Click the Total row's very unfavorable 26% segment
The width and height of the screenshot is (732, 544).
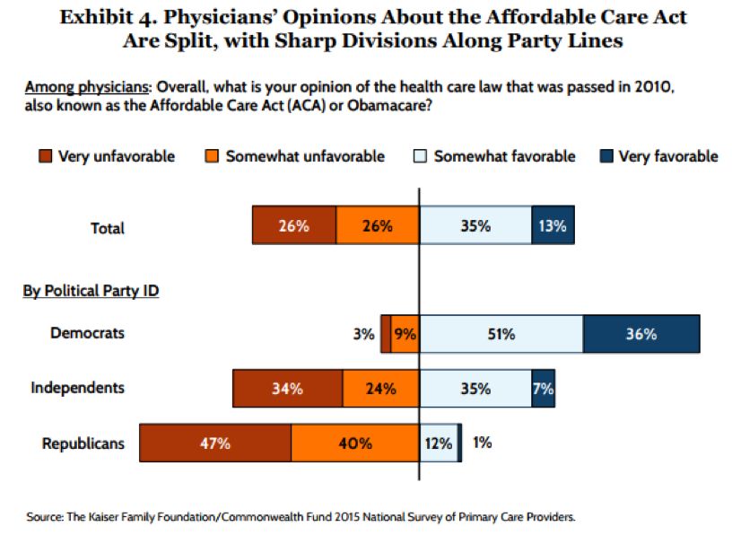pyautogui.click(x=293, y=226)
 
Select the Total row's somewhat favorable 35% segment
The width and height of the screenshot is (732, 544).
pyautogui.click(x=475, y=226)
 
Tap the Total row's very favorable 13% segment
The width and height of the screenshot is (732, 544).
pyautogui.click(x=553, y=226)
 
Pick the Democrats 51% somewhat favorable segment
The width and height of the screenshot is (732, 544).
pyautogui.click(x=501, y=334)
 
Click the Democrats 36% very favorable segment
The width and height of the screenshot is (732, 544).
pyautogui.click(x=640, y=334)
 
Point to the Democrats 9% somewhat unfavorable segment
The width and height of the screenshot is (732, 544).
pyautogui.click(x=405, y=334)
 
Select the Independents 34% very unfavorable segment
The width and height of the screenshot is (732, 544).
pyautogui.click(x=287, y=390)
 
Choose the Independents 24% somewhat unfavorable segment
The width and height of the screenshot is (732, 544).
pyautogui.click(x=380, y=390)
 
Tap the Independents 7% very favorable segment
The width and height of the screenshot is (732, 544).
pyautogui.click(x=543, y=390)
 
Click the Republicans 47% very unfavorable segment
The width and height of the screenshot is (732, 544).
pyautogui.click(x=215, y=443)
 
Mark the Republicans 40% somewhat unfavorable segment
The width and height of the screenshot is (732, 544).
pyautogui.click(x=355, y=443)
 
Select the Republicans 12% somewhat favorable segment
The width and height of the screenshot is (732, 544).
pyautogui.click(x=439, y=443)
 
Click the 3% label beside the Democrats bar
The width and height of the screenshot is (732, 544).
pyautogui.click(x=363, y=334)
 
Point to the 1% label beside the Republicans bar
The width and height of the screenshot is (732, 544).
pyautogui.click(x=482, y=443)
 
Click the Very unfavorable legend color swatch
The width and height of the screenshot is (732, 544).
pyautogui.click(x=43, y=156)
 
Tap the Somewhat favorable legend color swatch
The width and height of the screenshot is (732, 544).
pyautogui.click(x=419, y=156)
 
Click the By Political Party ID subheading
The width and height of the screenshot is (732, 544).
pyautogui.click(x=91, y=291)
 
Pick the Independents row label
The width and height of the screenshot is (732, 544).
pyautogui.click(x=77, y=388)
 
